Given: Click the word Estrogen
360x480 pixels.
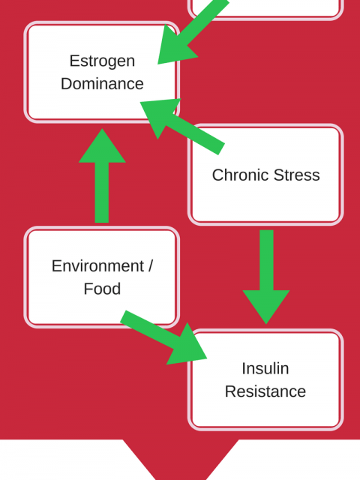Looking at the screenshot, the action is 102,61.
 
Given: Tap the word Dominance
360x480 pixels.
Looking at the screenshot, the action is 102,83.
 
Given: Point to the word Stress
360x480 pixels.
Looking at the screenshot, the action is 297,175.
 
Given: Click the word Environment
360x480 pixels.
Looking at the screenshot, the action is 97,265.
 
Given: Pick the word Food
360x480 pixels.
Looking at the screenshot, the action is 102,289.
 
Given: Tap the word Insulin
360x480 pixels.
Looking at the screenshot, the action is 265,368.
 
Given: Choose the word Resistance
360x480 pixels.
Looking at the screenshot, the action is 265,391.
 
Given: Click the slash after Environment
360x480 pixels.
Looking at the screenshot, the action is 150,265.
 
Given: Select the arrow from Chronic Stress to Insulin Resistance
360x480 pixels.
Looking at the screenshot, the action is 266,277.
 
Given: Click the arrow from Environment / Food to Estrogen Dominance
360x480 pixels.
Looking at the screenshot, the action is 102,175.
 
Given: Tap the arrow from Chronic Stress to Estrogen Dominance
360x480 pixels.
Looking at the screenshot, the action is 182,127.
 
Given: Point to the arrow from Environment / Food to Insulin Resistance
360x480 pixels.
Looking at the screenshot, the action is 163,337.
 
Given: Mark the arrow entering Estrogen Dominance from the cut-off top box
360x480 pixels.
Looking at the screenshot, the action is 193,31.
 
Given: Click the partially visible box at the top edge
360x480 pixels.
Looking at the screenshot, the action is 265,8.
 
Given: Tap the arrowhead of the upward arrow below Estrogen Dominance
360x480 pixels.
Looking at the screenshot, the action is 102,145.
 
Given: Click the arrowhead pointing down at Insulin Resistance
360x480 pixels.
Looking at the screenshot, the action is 266,307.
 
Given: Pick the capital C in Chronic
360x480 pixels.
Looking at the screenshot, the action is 218,175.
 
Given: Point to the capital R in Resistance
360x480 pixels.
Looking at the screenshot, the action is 230,391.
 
